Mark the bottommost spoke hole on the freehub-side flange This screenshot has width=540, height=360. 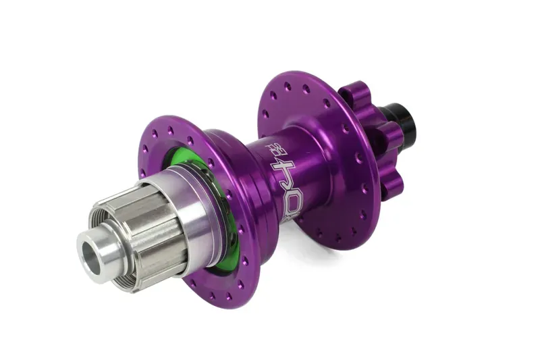(202, 311)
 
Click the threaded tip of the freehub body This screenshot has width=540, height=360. (101, 223)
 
